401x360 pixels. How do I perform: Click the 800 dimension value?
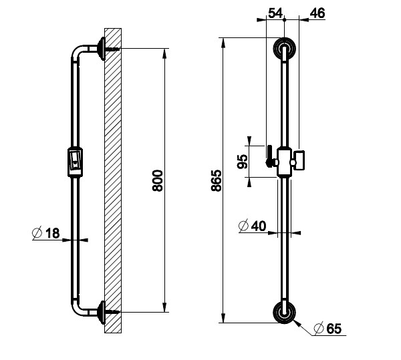pos(157,180)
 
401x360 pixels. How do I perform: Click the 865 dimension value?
pos(216,180)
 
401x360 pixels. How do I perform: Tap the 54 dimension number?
pos(275,13)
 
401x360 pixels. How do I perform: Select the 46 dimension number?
pos(317,13)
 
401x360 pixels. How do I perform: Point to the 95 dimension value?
pos(243,162)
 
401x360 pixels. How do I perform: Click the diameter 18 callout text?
pos(46,232)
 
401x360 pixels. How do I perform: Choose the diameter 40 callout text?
pos(252,226)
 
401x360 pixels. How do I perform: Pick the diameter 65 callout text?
pos(328,329)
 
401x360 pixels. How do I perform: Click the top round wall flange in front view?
pos(285,49)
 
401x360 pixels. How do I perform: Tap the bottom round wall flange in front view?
pos(285,312)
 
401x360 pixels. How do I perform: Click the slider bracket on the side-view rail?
pos(75,162)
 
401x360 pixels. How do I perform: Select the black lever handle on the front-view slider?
pos(269,156)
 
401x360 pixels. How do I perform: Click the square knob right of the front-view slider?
pos(299,160)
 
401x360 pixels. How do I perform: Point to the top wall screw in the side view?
pos(112,49)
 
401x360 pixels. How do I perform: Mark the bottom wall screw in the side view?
pos(112,312)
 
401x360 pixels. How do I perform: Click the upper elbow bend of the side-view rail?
pos(76,51)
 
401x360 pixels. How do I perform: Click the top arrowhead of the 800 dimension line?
pos(164,53)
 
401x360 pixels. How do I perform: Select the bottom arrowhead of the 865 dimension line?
pos(223,318)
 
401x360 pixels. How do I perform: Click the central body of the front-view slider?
pos(285,162)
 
